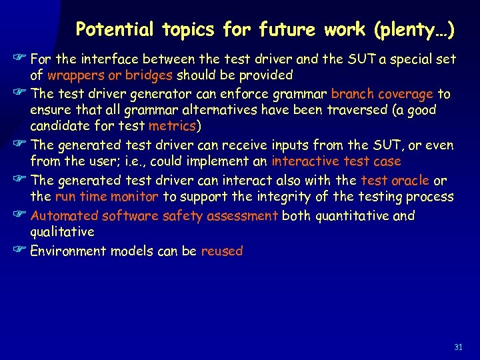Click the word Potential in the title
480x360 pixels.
coord(106,29)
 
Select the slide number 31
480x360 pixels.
coord(458,347)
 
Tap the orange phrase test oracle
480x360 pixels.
coord(395,181)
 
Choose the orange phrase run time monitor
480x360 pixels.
coord(107,197)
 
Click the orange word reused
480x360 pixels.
coord(222,251)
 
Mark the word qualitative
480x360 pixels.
coord(63,232)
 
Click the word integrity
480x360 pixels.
coord(256,197)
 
